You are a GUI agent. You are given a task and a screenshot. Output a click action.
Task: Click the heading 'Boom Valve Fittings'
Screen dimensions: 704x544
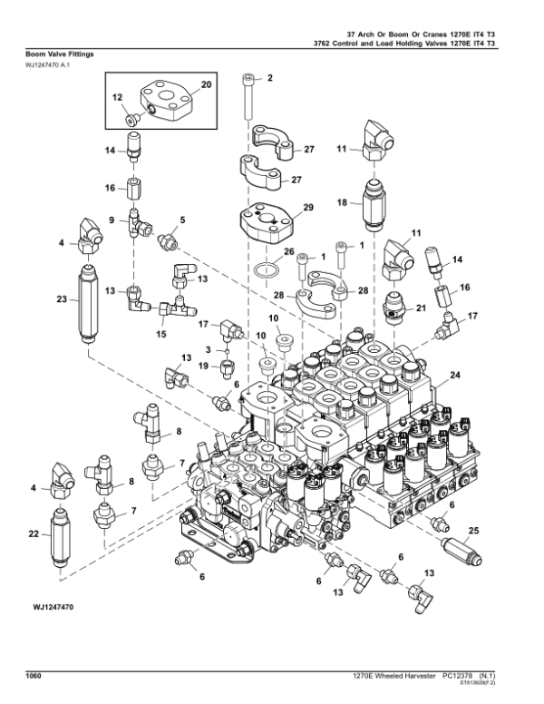coord(55,54)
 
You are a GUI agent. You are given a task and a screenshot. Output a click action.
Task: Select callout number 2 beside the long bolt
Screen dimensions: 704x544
coord(268,80)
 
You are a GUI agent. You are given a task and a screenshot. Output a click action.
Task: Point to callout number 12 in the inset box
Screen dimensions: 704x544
coord(117,96)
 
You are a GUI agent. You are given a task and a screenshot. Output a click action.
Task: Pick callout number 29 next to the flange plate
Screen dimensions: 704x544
coord(308,208)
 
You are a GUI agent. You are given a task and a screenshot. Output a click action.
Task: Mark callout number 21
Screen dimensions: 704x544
coord(421,309)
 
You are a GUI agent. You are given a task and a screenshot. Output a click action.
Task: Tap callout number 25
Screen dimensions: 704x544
coord(473,530)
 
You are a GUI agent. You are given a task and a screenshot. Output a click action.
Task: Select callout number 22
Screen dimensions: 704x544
coord(34,535)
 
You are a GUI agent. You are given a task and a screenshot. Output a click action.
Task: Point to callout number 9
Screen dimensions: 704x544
coord(112,220)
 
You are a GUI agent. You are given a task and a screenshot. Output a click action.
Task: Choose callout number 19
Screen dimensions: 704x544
coord(203,367)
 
